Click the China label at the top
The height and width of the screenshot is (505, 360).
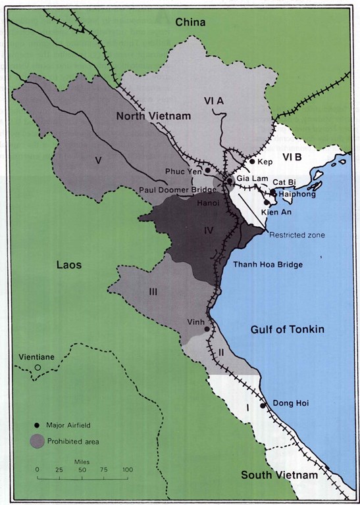pyautogui.click(x=190, y=22)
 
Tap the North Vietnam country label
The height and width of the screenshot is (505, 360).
pyautogui.click(x=153, y=116)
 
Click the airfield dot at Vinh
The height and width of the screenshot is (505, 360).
pyautogui.click(x=207, y=329)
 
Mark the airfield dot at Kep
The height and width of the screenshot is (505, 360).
pyautogui.click(x=251, y=161)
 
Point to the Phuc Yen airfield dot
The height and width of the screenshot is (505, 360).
pyautogui.click(x=208, y=170)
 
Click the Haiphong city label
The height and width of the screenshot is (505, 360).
pyautogui.click(x=295, y=195)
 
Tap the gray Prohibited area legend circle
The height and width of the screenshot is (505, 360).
pyautogui.click(x=39, y=441)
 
